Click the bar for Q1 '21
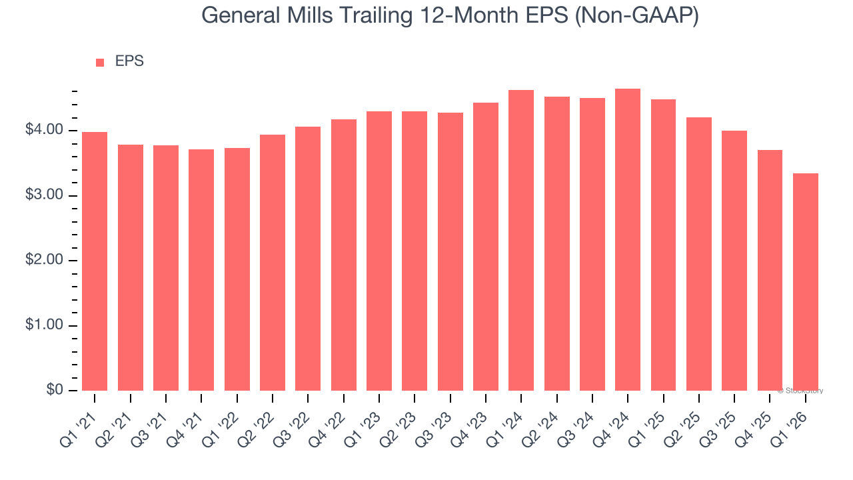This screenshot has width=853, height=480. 95,261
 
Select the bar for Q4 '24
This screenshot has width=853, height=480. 628,240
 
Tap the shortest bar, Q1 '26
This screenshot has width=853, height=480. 805,282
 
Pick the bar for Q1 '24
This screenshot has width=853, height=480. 521,240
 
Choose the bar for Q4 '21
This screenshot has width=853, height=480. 201,270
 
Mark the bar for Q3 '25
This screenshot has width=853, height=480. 734,261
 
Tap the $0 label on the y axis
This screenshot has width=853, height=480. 55,390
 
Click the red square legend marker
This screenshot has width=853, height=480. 100,63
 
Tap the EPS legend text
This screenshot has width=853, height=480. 129,61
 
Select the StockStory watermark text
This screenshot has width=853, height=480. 800,391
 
